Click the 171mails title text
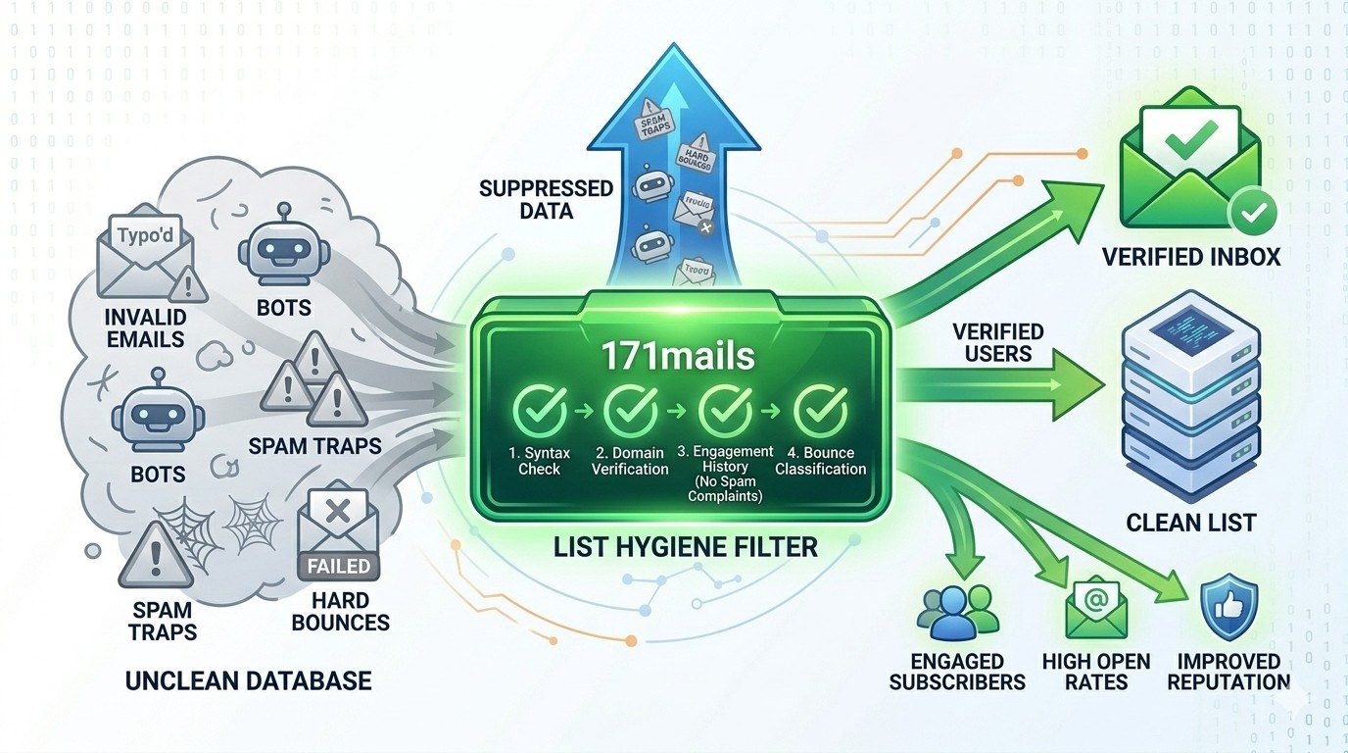(x=679, y=354)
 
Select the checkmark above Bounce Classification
(x=819, y=411)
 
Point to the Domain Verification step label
(x=630, y=461)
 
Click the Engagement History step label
(x=725, y=474)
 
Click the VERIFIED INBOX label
(x=1191, y=257)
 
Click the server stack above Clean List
(x=1187, y=392)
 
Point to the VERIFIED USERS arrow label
(x=998, y=342)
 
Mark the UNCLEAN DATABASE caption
(x=248, y=679)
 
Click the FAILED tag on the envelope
(x=338, y=566)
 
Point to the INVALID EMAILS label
(x=146, y=329)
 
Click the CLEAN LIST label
(x=1190, y=522)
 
